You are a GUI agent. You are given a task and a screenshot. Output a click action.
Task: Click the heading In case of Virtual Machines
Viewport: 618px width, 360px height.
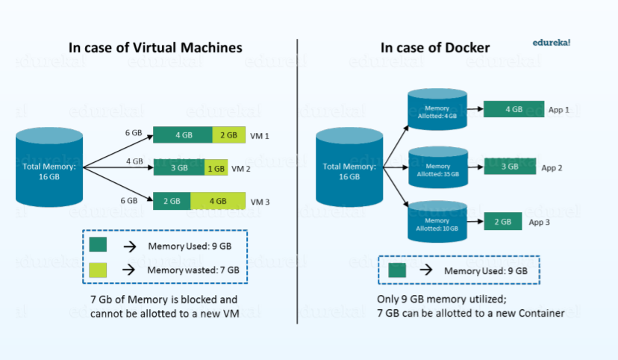click(x=155, y=48)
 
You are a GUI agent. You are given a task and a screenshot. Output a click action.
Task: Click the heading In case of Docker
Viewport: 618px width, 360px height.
click(x=435, y=48)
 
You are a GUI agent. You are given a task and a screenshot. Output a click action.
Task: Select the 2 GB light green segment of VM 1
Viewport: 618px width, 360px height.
click(x=228, y=135)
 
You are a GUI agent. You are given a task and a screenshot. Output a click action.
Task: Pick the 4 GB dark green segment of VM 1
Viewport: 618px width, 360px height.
click(x=183, y=135)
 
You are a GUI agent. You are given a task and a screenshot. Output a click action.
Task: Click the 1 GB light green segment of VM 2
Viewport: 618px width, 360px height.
click(x=216, y=169)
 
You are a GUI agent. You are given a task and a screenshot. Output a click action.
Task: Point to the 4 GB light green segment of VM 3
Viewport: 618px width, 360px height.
click(x=218, y=201)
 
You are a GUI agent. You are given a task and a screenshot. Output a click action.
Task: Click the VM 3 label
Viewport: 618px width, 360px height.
click(x=260, y=202)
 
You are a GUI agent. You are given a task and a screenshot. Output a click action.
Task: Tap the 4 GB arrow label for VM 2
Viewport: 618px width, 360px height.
click(x=134, y=161)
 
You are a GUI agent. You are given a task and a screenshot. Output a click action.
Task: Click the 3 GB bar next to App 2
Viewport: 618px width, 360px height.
click(x=508, y=167)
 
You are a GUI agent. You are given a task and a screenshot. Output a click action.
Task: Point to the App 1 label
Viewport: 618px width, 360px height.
click(x=558, y=110)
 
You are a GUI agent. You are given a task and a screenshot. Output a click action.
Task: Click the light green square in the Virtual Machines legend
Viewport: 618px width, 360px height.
click(x=98, y=269)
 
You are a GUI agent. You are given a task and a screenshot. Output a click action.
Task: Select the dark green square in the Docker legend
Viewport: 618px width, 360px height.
click(x=397, y=270)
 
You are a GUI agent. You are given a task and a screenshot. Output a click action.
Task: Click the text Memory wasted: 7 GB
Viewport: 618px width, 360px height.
click(x=193, y=270)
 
